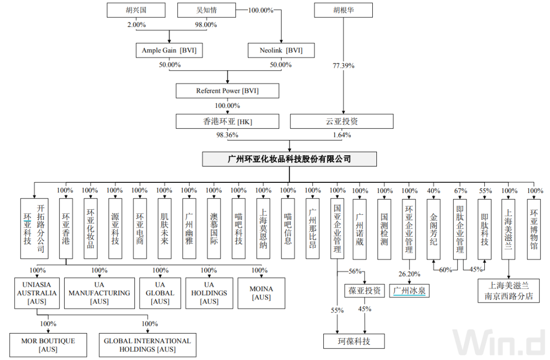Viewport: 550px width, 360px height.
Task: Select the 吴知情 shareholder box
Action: pos(206,10)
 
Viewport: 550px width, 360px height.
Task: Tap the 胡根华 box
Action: pos(344,10)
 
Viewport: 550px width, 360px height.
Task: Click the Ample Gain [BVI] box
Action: pos(169,50)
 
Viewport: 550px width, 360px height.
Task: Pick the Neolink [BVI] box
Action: pos(281,50)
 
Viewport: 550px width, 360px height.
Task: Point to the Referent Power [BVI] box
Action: pos(228,91)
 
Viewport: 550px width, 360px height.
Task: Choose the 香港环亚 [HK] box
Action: pos(228,121)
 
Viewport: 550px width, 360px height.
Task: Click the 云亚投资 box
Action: pos(342,121)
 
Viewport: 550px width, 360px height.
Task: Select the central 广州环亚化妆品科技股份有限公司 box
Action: pos(289,159)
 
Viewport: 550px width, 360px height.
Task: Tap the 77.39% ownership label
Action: pos(344,66)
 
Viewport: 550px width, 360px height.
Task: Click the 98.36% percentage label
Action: pos(228,135)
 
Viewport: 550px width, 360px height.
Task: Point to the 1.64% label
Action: pos(342,135)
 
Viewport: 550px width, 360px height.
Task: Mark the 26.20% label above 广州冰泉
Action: pos(409,274)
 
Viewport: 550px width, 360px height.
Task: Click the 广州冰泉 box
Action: pos(409,291)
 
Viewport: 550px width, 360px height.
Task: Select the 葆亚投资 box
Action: pos(364,291)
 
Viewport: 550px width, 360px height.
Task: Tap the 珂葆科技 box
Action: pos(354,341)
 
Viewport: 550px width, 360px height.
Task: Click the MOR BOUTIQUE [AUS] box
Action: pos(49,345)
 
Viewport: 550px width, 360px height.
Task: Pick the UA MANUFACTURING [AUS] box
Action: pos(99,293)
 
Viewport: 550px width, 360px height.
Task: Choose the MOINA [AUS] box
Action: pos(261,293)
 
